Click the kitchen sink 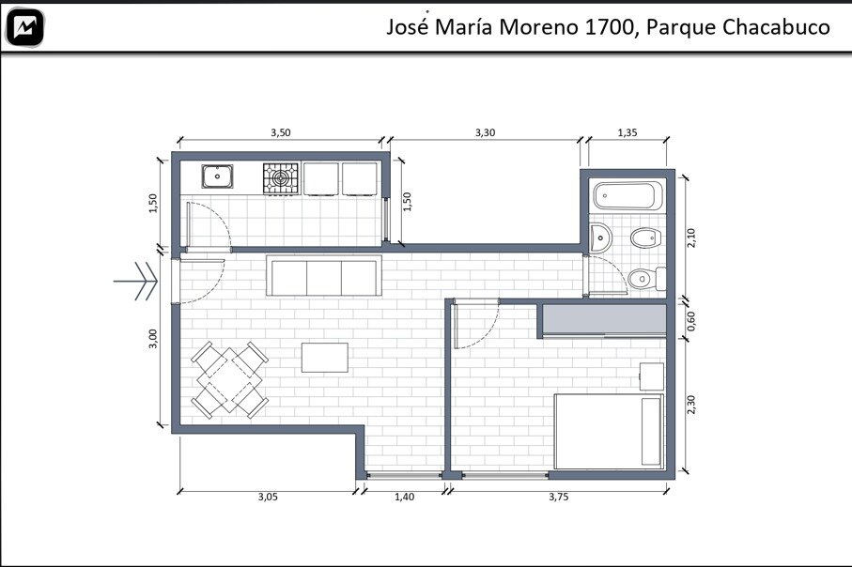click(x=217, y=176)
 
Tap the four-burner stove click(x=281, y=178)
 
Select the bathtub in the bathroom click(x=627, y=195)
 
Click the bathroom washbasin click(x=600, y=238)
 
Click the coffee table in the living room click(x=325, y=358)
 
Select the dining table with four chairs click(x=229, y=379)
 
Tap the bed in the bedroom click(x=609, y=431)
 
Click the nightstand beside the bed click(x=652, y=376)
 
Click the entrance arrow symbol click(x=136, y=282)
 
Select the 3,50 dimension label click(x=281, y=132)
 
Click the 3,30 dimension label click(x=486, y=132)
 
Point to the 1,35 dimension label click(x=627, y=132)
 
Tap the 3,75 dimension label click(x=559, y=497)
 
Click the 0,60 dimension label click(x=690, y=321)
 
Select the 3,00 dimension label click(x=153, y=339)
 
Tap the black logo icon click(x=24, y=27)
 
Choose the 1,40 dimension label click(x=404, y=497)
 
